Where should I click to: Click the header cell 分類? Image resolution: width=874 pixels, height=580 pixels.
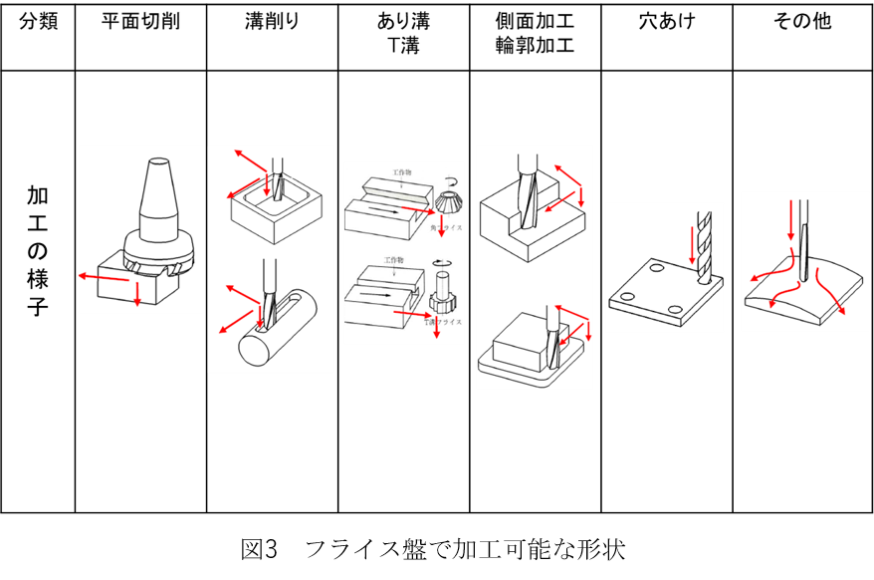39,21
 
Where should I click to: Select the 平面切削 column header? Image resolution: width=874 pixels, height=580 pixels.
140,21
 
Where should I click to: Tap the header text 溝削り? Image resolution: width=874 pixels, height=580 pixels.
272,21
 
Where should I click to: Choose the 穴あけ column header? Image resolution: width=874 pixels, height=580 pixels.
666,21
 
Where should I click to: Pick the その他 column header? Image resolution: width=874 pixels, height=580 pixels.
802,21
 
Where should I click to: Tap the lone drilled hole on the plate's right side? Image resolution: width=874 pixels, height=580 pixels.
676,311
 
